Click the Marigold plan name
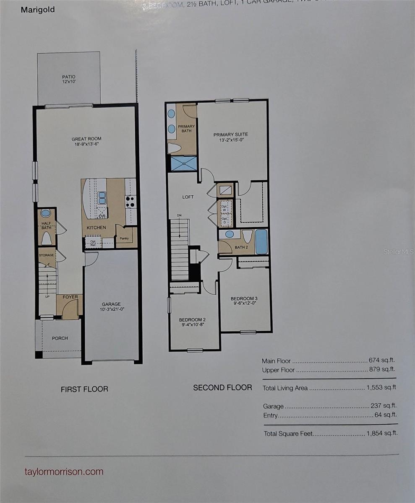tap(38, 10)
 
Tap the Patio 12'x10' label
tap(69, 79)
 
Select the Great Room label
tap(86, 139)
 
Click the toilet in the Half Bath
tap(46, 238)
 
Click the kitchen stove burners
tap(130, 202)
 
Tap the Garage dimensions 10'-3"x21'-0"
tap(111, 310)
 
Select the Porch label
tap(60, 338)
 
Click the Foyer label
tap(70, 297)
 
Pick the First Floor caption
tap(84, 389)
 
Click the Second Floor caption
tap(222, 388)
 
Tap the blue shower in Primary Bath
tap(184, 163)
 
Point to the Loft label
tap(188, 197)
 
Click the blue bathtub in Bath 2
tap(261, 241)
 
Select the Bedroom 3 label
tap(244, 298)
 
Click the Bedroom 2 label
tap(192, 319)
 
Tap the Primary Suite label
tap(230, 135)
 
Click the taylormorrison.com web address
tap(64, 471)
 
